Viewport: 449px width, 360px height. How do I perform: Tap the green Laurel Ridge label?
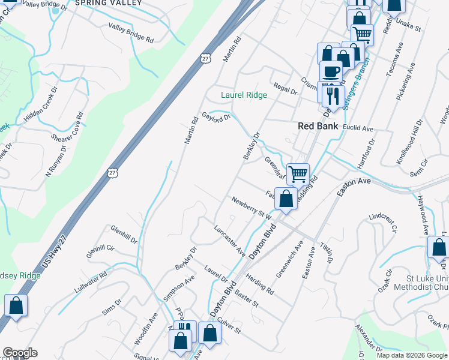click(244, 95)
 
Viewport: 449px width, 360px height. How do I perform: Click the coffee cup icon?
click(331, 72)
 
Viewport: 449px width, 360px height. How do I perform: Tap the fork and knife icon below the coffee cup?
click(331, 94)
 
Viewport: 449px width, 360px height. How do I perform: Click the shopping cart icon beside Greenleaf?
click(298, 175)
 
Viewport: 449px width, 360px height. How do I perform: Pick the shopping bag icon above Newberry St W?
click(287, 199)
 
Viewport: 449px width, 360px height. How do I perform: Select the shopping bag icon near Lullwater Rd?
click(16, 305)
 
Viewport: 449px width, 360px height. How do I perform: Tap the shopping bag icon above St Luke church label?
click(439, 248)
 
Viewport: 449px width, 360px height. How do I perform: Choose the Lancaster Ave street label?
click(229, 239)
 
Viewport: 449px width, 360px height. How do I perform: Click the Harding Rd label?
click(259, 285)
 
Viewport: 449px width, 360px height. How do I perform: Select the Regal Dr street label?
click(285, 89)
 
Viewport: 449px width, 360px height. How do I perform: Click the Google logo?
click(20, 353)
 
